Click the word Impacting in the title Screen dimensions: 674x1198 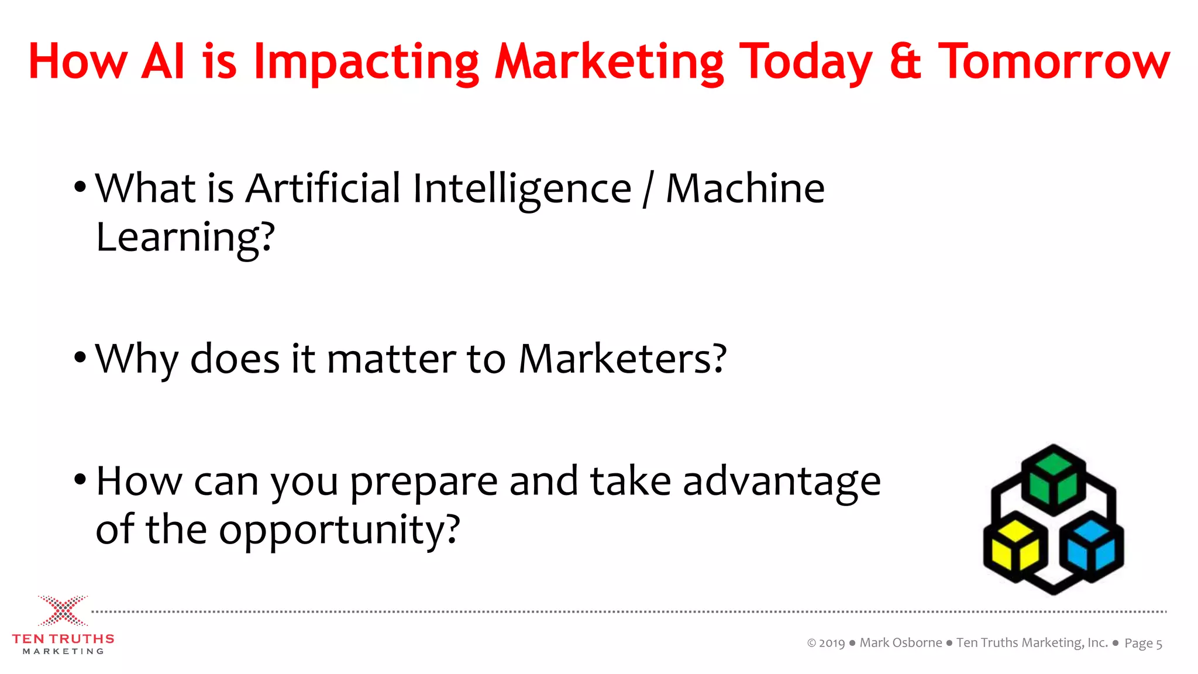366,62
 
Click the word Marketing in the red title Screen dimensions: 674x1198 609,62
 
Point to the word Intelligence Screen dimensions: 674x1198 522,190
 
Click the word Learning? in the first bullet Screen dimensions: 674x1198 185,238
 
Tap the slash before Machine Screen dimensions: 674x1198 648,190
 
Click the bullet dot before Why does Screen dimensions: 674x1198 81,357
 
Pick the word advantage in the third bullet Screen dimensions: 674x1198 782,482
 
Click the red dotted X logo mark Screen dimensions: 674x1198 63,611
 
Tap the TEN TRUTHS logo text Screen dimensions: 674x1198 63,639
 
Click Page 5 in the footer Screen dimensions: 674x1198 1143,644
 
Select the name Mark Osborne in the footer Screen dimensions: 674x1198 901,643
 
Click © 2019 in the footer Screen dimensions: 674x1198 826,643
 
